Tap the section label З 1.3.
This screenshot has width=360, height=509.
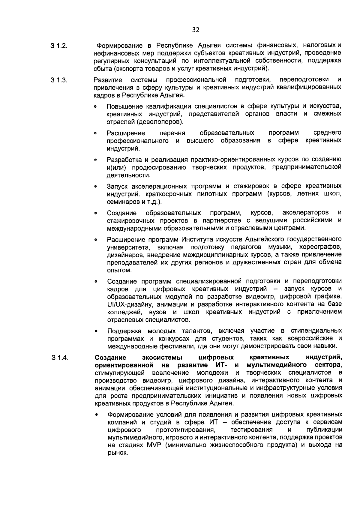click(59, 80)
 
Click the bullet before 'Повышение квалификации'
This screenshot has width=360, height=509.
click(95, 107)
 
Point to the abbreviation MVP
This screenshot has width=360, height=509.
click(154, 445)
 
